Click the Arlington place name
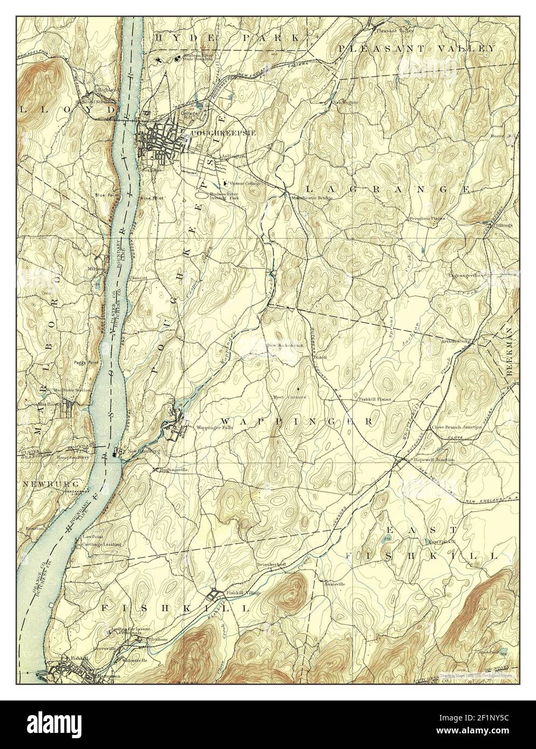[233, 156]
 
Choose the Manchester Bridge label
[312, 197]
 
